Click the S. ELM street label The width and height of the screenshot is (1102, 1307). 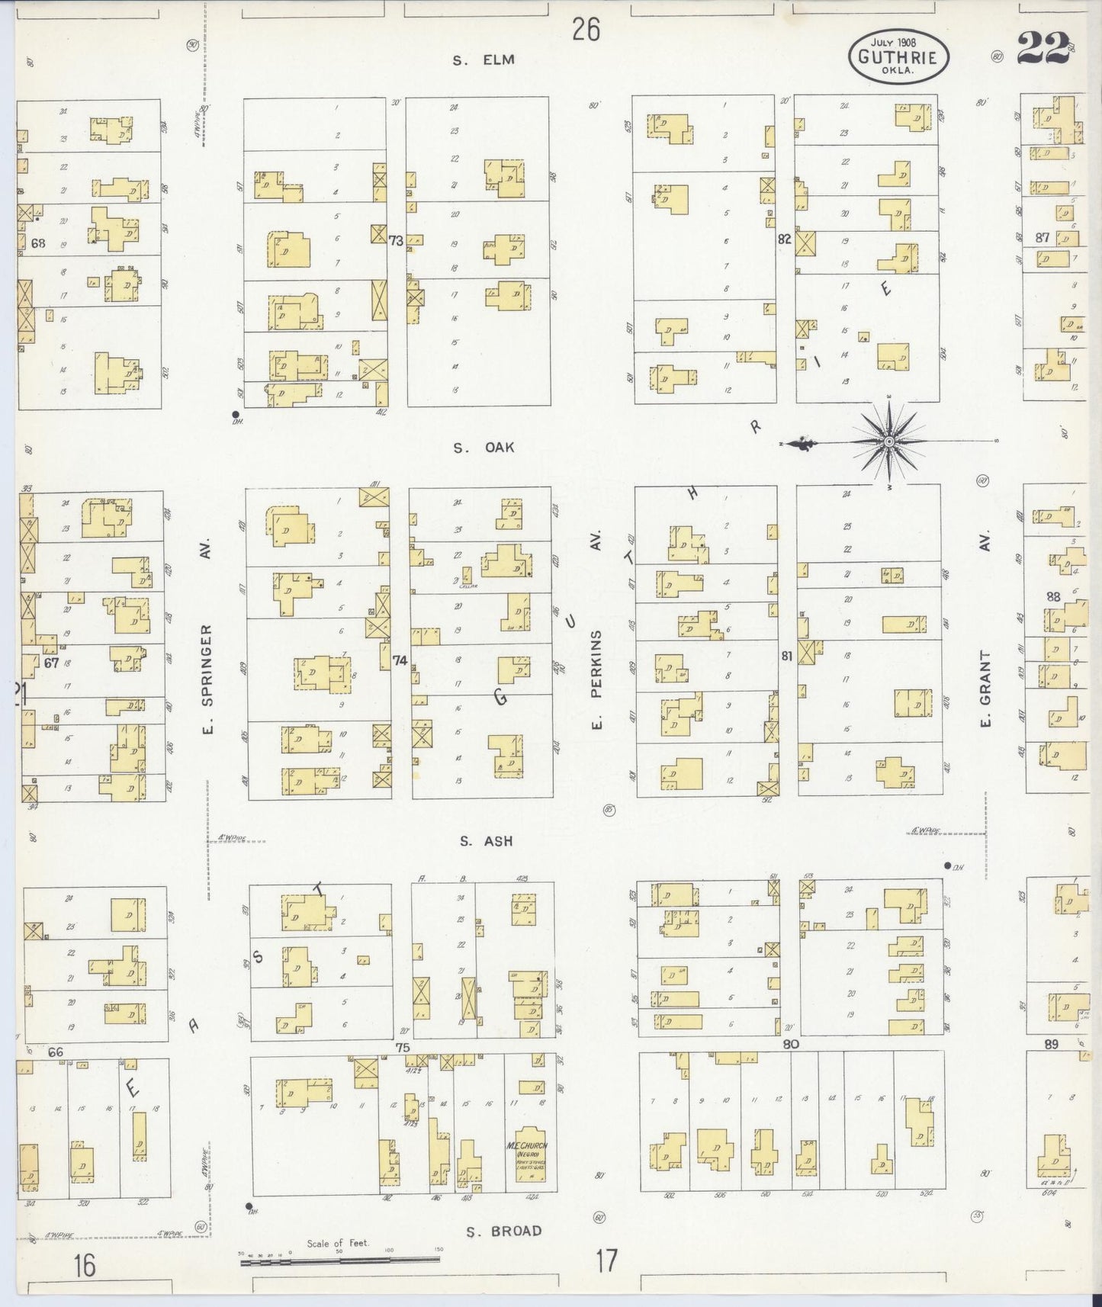484,60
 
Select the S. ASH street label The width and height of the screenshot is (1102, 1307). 486,842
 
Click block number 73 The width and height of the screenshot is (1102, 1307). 396,241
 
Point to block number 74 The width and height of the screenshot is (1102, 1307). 400,660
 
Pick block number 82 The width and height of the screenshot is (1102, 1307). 784,239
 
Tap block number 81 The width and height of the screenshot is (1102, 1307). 786,656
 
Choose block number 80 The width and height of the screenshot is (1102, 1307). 791,1044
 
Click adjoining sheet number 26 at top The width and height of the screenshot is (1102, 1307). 586,30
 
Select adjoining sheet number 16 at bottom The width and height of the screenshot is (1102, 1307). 84,1266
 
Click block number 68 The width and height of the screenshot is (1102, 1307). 39,243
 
